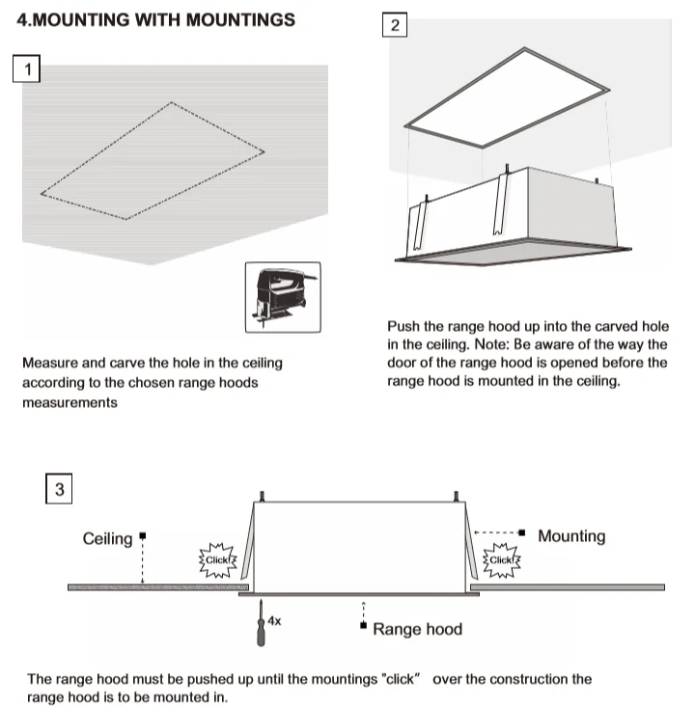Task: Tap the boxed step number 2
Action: pos(394,25)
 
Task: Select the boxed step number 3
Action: pos(60,490)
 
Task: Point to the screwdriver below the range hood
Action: pos(259,624)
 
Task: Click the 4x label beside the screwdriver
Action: pos(274,622)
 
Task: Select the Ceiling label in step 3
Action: pos(107,538)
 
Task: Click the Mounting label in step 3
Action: pos(571,536)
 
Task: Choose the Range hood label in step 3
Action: pos(417,629)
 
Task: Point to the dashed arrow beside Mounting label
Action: pos(498,531)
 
